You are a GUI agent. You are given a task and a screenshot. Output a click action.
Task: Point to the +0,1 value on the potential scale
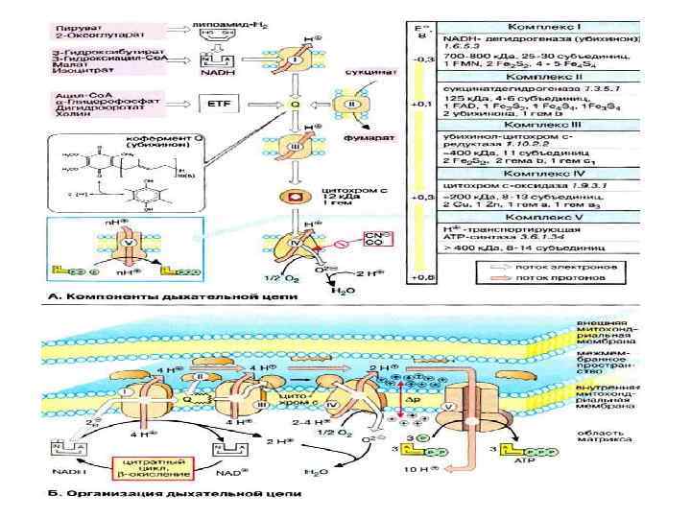point(419,101)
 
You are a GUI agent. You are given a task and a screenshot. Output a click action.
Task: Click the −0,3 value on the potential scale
point(419,59)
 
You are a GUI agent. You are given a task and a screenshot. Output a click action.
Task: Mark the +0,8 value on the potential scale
point(419,276)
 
